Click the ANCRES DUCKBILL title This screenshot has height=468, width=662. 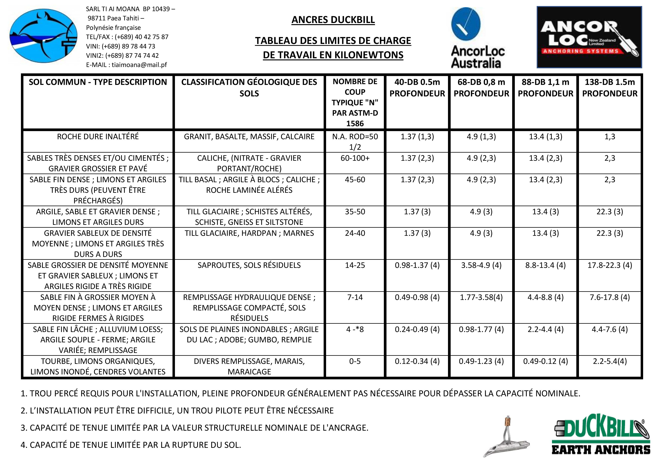coord(333,20)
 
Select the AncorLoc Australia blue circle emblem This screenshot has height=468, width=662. coord(466,24)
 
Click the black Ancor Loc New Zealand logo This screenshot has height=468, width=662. coord(589,37)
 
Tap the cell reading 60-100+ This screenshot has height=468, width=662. coord(355,158)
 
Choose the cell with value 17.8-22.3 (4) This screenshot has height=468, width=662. coord(610,265)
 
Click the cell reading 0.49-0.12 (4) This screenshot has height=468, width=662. coord(545,361)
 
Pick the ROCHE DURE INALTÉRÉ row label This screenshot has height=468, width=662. coord(98,137)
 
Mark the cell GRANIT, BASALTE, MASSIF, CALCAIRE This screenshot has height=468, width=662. coord(249,137)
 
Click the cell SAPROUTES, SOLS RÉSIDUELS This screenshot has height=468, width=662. coord(249,265)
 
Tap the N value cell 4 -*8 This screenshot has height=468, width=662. coord(355,329)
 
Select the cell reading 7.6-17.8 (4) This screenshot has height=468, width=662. coord(610,297)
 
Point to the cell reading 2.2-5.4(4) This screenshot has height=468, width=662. coord(610,361)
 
